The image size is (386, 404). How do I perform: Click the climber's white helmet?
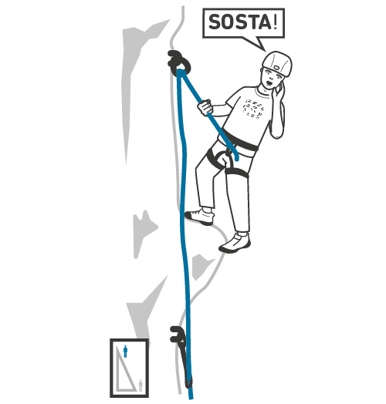[277, 63]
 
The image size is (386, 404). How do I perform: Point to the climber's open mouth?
[269, 83]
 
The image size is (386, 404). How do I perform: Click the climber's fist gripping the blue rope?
[205, 107]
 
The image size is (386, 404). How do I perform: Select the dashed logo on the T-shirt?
[253, 109]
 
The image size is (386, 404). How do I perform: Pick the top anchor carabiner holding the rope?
[179, 62]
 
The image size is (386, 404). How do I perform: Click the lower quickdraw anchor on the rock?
[182, 355]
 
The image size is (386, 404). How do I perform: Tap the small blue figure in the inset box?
[125, 352]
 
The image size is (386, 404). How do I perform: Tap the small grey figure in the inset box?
[141, 385]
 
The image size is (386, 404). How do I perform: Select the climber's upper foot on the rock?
[200, 217]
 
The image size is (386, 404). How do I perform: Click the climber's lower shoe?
[235, 244]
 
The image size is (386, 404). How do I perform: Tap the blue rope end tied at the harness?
[235, 156]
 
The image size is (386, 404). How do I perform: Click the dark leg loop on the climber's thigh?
[236, 173]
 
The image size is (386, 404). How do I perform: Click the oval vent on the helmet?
[277, 68]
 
